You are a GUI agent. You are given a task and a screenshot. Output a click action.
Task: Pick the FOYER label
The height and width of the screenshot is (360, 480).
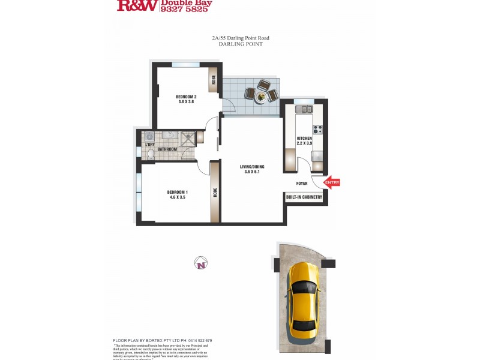point(302,183)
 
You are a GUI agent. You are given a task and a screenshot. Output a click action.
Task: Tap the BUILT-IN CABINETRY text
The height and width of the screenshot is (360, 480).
point(304,197)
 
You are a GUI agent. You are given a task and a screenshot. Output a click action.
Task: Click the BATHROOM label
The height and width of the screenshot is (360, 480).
point(167,149)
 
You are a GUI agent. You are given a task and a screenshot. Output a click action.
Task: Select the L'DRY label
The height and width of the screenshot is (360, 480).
point(150,145)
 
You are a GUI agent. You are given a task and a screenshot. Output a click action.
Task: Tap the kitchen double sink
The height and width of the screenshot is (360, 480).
point(305,109)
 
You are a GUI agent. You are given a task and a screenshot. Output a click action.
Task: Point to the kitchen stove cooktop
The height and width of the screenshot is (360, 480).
point(317,128)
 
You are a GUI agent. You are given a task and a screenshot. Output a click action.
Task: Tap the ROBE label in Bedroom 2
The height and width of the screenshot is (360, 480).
point(213,80)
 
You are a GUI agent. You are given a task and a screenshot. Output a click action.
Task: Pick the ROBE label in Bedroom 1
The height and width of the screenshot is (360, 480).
point(215,193)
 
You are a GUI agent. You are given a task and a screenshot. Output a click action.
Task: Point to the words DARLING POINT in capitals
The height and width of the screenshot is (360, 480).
point(241,44)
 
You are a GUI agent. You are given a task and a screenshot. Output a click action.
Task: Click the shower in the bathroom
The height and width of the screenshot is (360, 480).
point(188,137)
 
